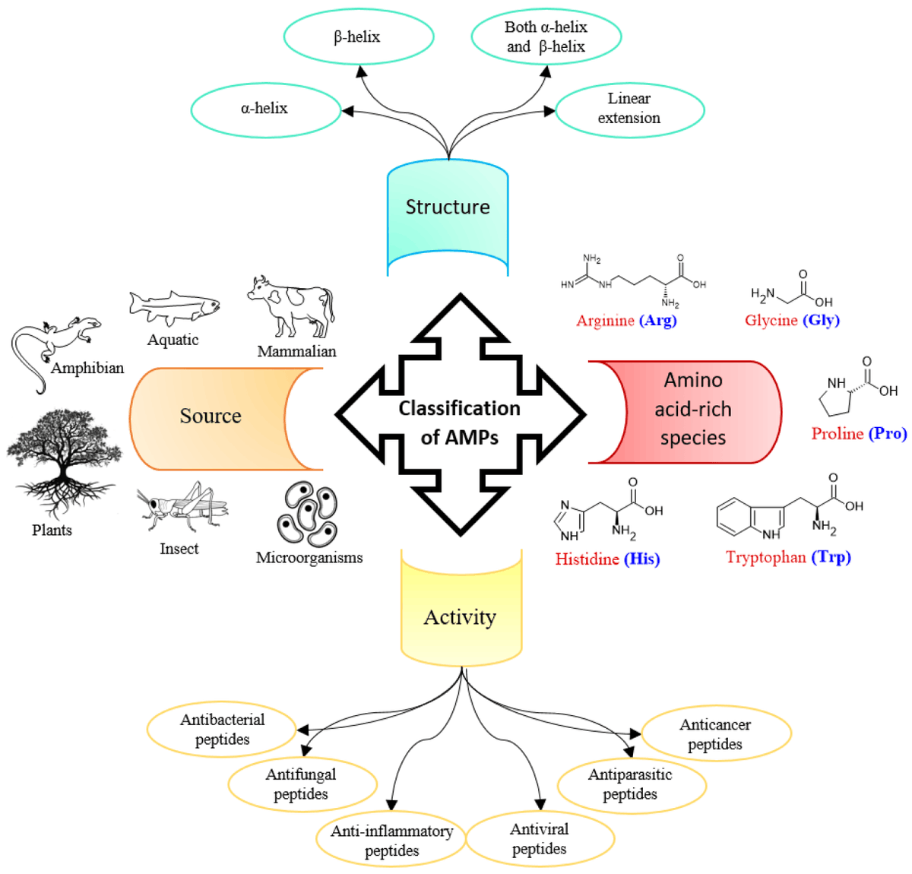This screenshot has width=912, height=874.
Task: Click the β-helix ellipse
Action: pyautogui.click(x=358, y=36)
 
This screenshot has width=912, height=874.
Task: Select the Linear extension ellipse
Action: pyautogui.click(x=629, y=109)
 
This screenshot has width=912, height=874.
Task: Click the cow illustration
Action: pyautogui.click(x=291, y=308)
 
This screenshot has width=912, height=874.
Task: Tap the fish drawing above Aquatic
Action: pyautogui.click(x=173, y=306)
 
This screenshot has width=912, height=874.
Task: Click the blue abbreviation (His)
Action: pyautogui.click(x=641, y=559)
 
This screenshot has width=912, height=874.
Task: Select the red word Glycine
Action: pyautogui.click(x=771, y=321)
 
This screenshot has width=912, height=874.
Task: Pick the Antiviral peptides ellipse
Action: pyautogui.click(x=540, y=839)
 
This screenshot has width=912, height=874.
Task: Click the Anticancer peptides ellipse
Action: pyautogui.click(x=716, y=734)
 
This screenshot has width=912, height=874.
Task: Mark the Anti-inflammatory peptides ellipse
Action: pyautogui.click(x=391, y=841)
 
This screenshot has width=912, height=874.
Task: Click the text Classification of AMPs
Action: pyautogui.click(x=460, y=423)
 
